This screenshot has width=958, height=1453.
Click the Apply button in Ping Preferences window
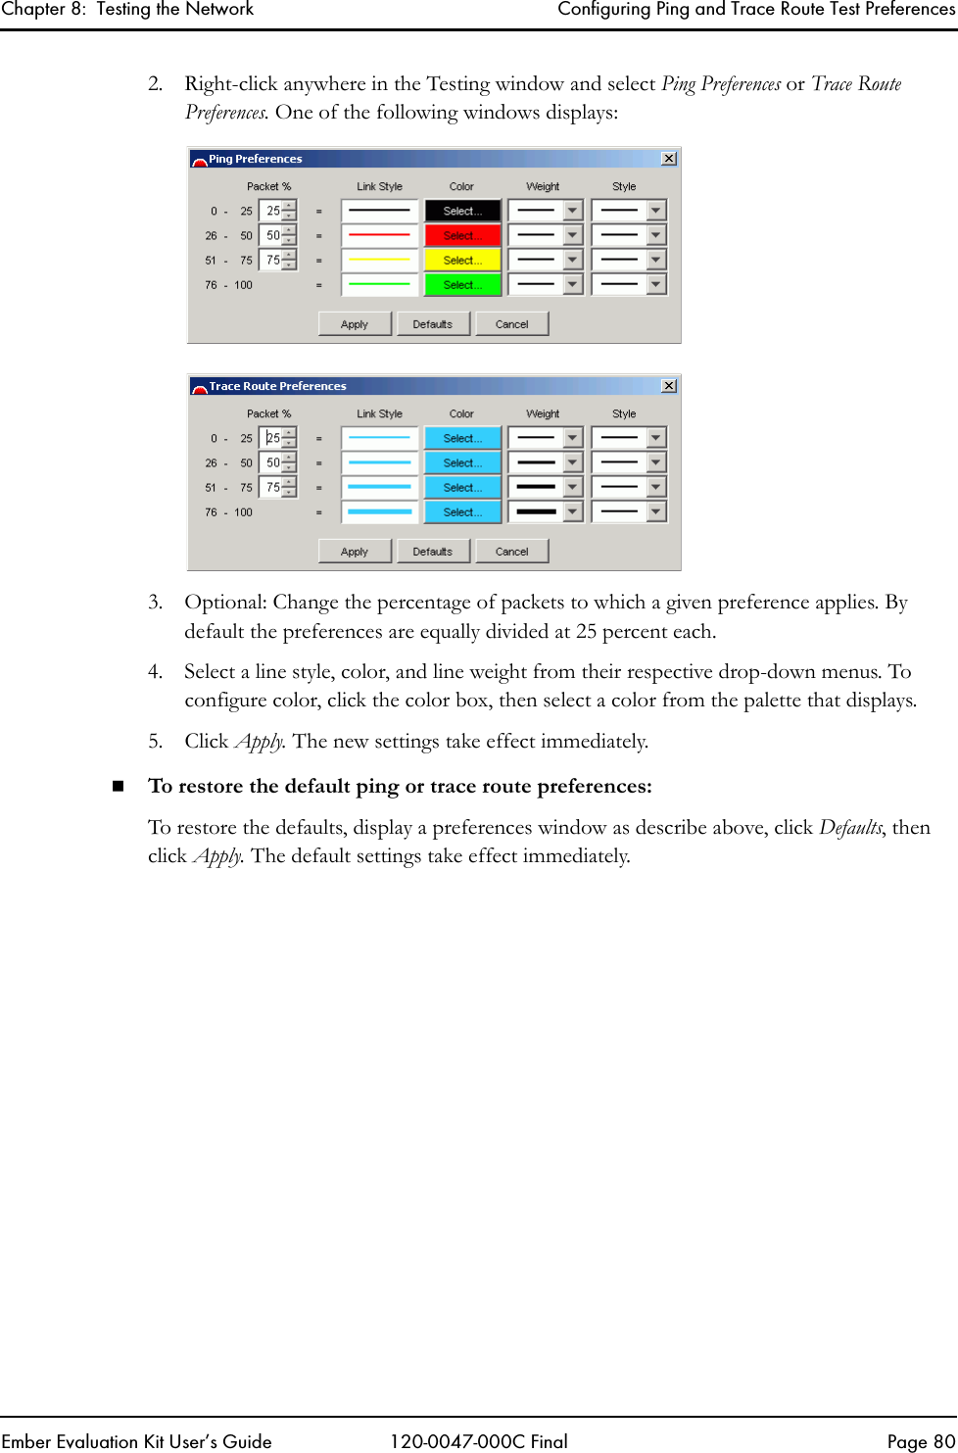[355, 324]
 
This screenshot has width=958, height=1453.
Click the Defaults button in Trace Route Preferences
[433, 552]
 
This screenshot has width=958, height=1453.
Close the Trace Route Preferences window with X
[669, 386]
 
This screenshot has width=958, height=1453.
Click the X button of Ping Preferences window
[669, 159]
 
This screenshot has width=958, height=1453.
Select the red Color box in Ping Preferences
[462, 236]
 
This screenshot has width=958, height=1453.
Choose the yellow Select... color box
[462, 261]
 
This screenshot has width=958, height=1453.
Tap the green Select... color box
[462, 285]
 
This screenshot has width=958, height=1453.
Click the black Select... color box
[462, 212]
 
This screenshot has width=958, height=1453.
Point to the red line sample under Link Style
[380, 236]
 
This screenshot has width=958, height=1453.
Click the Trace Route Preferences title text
[277, 386]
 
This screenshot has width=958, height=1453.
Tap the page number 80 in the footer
[943, 1441]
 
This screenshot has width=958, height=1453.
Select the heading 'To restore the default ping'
[400, 786]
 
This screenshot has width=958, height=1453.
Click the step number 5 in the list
[155, 742]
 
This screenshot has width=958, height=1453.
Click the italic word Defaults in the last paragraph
[850, 828]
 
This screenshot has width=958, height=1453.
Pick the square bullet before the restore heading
[119, 787]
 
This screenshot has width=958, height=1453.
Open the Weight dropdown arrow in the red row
[573, 236]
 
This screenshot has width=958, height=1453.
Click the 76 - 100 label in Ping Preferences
[229, 285]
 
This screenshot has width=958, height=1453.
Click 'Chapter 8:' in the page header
[43, 10]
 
